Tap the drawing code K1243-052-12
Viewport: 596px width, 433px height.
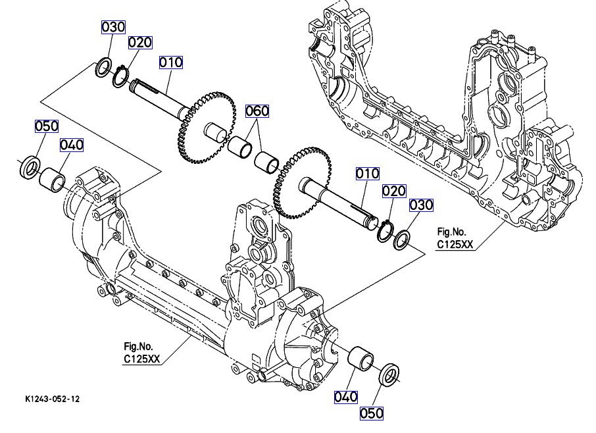53,399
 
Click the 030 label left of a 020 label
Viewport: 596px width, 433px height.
112,27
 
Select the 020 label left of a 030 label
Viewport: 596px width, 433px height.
394,190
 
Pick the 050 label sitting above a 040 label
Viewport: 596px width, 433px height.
47,126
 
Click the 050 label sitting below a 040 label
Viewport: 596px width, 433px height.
372,413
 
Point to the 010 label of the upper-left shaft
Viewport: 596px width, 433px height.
170,63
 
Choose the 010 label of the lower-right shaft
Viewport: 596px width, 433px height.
368,173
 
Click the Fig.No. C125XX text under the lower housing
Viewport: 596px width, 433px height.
141,352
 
